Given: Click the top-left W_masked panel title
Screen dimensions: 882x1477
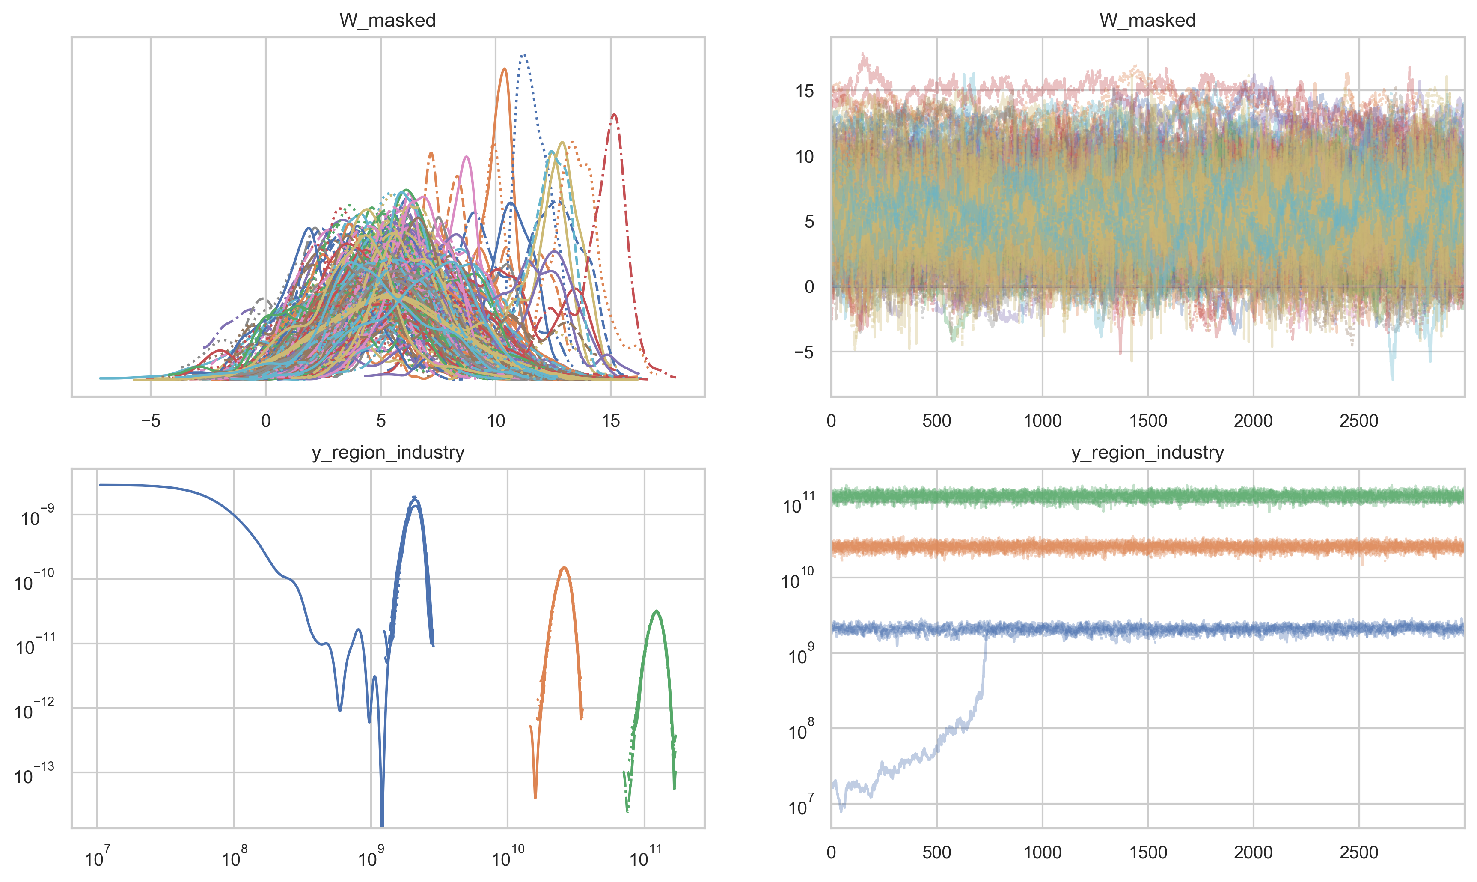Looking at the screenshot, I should (387, 20).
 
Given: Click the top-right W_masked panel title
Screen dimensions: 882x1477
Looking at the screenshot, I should (1147, 20).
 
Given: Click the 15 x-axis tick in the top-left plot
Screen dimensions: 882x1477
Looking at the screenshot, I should (611, 421).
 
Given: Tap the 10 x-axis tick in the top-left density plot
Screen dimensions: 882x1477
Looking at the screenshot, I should (496, 421).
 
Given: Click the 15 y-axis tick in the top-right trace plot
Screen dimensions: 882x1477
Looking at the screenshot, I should (805, 91).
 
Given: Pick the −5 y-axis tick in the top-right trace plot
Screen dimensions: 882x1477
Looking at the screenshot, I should (803, 352).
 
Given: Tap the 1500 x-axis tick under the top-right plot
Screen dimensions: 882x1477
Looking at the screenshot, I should (1148, 421).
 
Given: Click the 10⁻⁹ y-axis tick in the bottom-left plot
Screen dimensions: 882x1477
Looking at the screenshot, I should (37, 516).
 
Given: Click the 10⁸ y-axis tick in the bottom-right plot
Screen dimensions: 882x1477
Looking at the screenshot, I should (800, 729).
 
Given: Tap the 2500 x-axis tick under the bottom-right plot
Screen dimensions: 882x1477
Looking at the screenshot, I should (1359, 852).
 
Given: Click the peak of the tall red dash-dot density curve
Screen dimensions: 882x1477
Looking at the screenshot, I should (614, 115).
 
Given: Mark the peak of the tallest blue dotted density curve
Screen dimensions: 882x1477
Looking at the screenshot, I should (523, 55).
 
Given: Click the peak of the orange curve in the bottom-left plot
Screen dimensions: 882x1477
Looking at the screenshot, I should (565, 568).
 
